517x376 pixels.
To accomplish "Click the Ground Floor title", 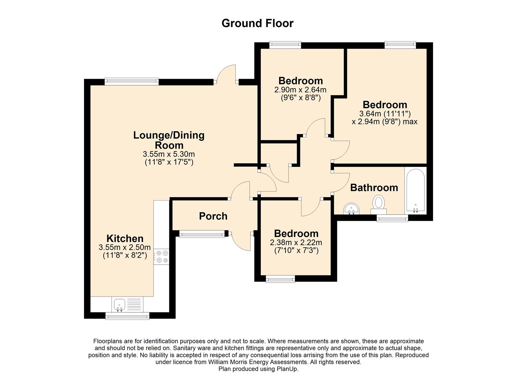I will [x=257, y=23].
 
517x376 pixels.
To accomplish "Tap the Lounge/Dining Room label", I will [x=169, y=140].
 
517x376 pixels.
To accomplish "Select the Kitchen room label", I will [x=125, y=238].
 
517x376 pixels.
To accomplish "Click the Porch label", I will [x=213, y=216].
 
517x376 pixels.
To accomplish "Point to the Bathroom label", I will [x=374, y=188].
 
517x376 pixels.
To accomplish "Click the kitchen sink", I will [x=119, y=304].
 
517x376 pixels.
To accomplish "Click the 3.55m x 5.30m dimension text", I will [x=169, y=154].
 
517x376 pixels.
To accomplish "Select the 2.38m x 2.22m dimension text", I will [x=296, y=243].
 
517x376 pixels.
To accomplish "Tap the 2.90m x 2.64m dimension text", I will [x=300, y=90].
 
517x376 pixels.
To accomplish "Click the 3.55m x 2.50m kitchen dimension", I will [x=125, y=248].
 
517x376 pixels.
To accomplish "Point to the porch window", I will [x=202, y=235].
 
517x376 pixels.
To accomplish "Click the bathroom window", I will [x=392, y=219].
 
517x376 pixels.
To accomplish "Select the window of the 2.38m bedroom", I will [x=280, y=279].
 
